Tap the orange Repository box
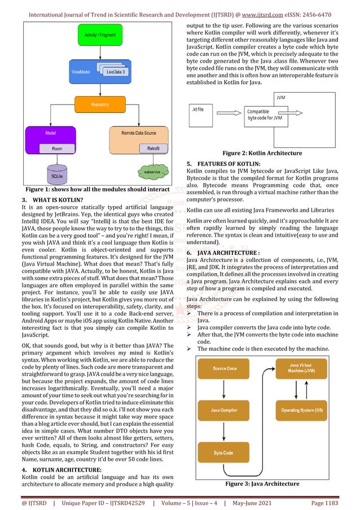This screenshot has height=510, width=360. [99, 105]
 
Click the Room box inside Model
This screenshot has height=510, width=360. [57, 149]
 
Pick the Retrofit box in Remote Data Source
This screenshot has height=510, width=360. [153, 149]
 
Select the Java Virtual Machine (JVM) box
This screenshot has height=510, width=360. [302, 369]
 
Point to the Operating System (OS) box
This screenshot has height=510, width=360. [302, 409]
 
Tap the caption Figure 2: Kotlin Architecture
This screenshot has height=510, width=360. [262, 153]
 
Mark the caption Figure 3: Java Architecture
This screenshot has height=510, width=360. [262, 483]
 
